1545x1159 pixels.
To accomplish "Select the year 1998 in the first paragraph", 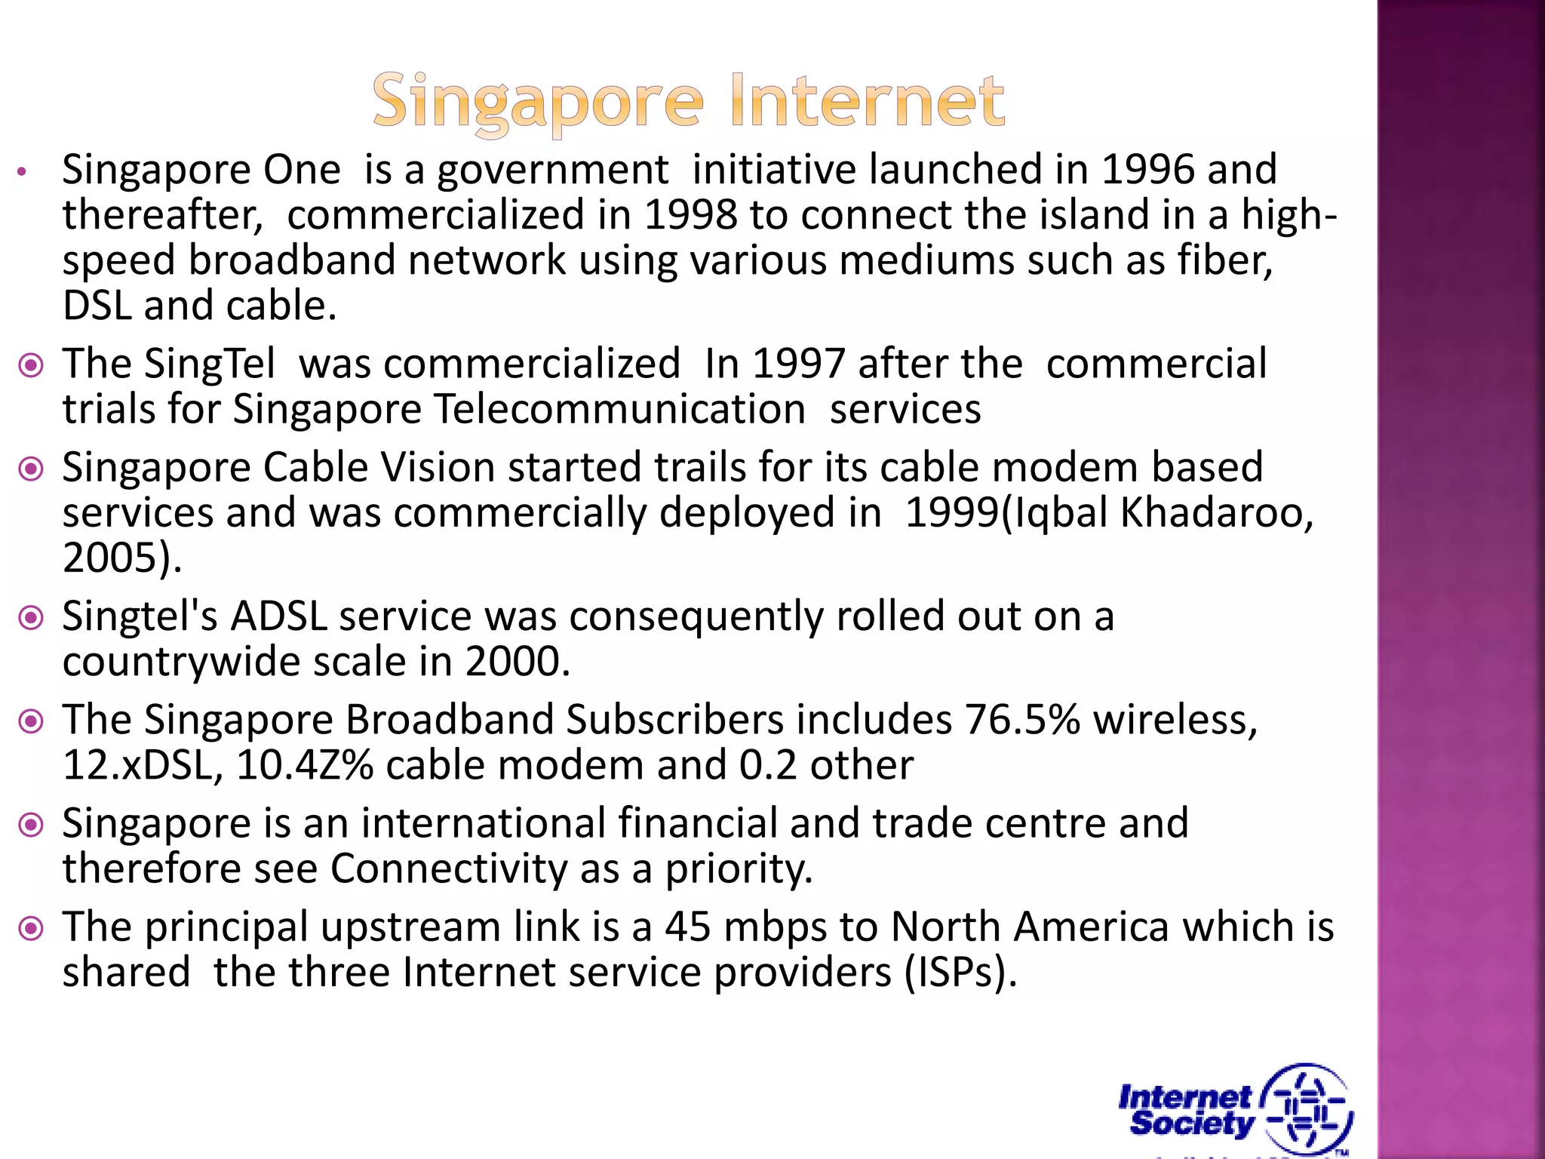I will (690, 215).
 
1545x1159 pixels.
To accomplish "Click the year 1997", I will (798, 364).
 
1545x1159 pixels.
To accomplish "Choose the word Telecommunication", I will (620, 410).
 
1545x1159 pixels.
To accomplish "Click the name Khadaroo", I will (1216, 513).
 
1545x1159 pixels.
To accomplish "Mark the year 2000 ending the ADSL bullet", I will (512, 662).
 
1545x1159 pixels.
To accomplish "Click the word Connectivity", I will (448, 868).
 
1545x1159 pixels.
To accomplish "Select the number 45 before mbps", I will (687, 927).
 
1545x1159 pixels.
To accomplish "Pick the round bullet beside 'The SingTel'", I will (31, 366).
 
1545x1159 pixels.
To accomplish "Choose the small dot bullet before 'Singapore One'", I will (23, 172).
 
